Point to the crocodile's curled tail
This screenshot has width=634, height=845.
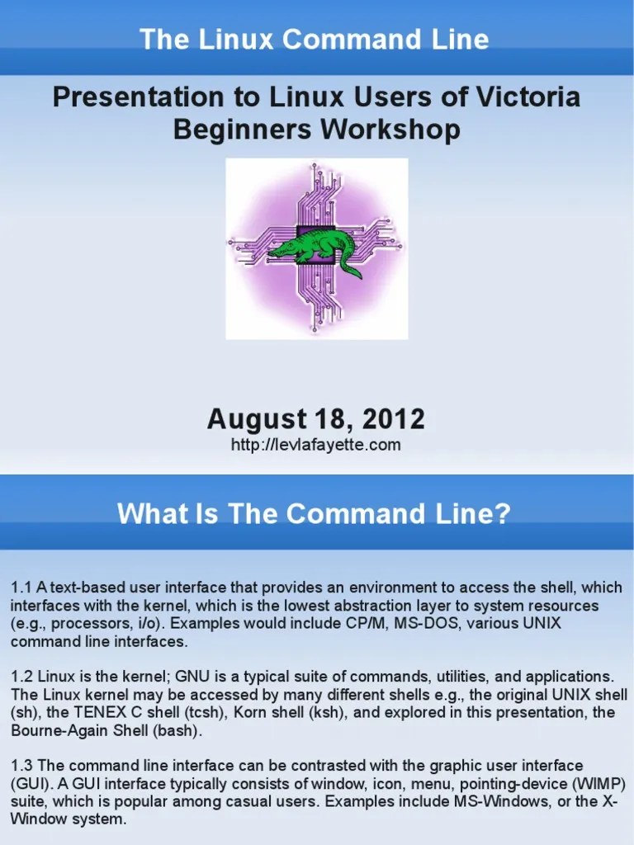click(350, 269)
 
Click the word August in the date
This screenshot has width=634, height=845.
click(252, 419)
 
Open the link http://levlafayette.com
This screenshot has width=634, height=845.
click(316, 446)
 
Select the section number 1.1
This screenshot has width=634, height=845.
click(21, 588)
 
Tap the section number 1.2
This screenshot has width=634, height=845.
click(21, 676)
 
